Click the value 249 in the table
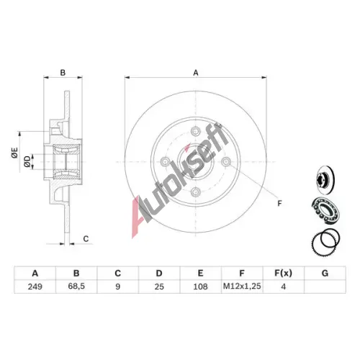(35, 287)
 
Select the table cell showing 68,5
(76, 286)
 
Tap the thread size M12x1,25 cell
(242, 286)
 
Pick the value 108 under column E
(200, 287)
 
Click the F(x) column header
(283, 273)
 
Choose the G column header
(325, 274)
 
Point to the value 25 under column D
(159, 287)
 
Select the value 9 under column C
(117, 287)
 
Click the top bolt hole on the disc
(196, 131)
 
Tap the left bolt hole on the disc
(165, 161)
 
